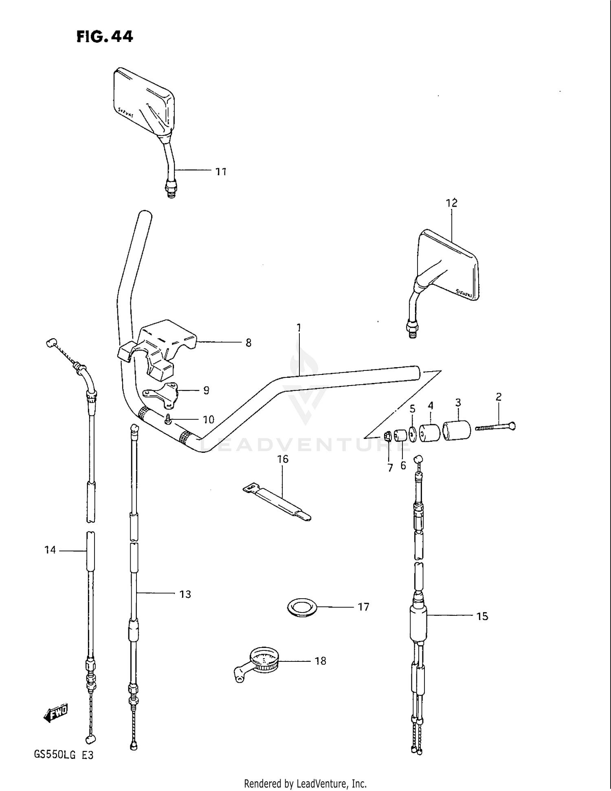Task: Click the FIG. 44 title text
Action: [x=105, y=37]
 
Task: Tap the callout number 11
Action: [x=221, y=172]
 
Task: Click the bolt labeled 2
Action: [x=495, y=427]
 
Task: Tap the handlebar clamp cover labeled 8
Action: [x=163, y=346]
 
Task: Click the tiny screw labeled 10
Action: [x=168, y=419]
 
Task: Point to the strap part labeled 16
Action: [x=277, y=502]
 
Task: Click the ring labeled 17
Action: [x=302, y=607]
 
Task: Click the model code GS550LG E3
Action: [x=64, y=755]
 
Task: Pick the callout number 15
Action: [x=482, y=616]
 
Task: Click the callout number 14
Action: [x=50, y=550]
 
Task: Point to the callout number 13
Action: [x=185, y=594]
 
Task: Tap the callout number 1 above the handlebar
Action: [x=299, y=327]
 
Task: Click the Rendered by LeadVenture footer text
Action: [x=305, y=783]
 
